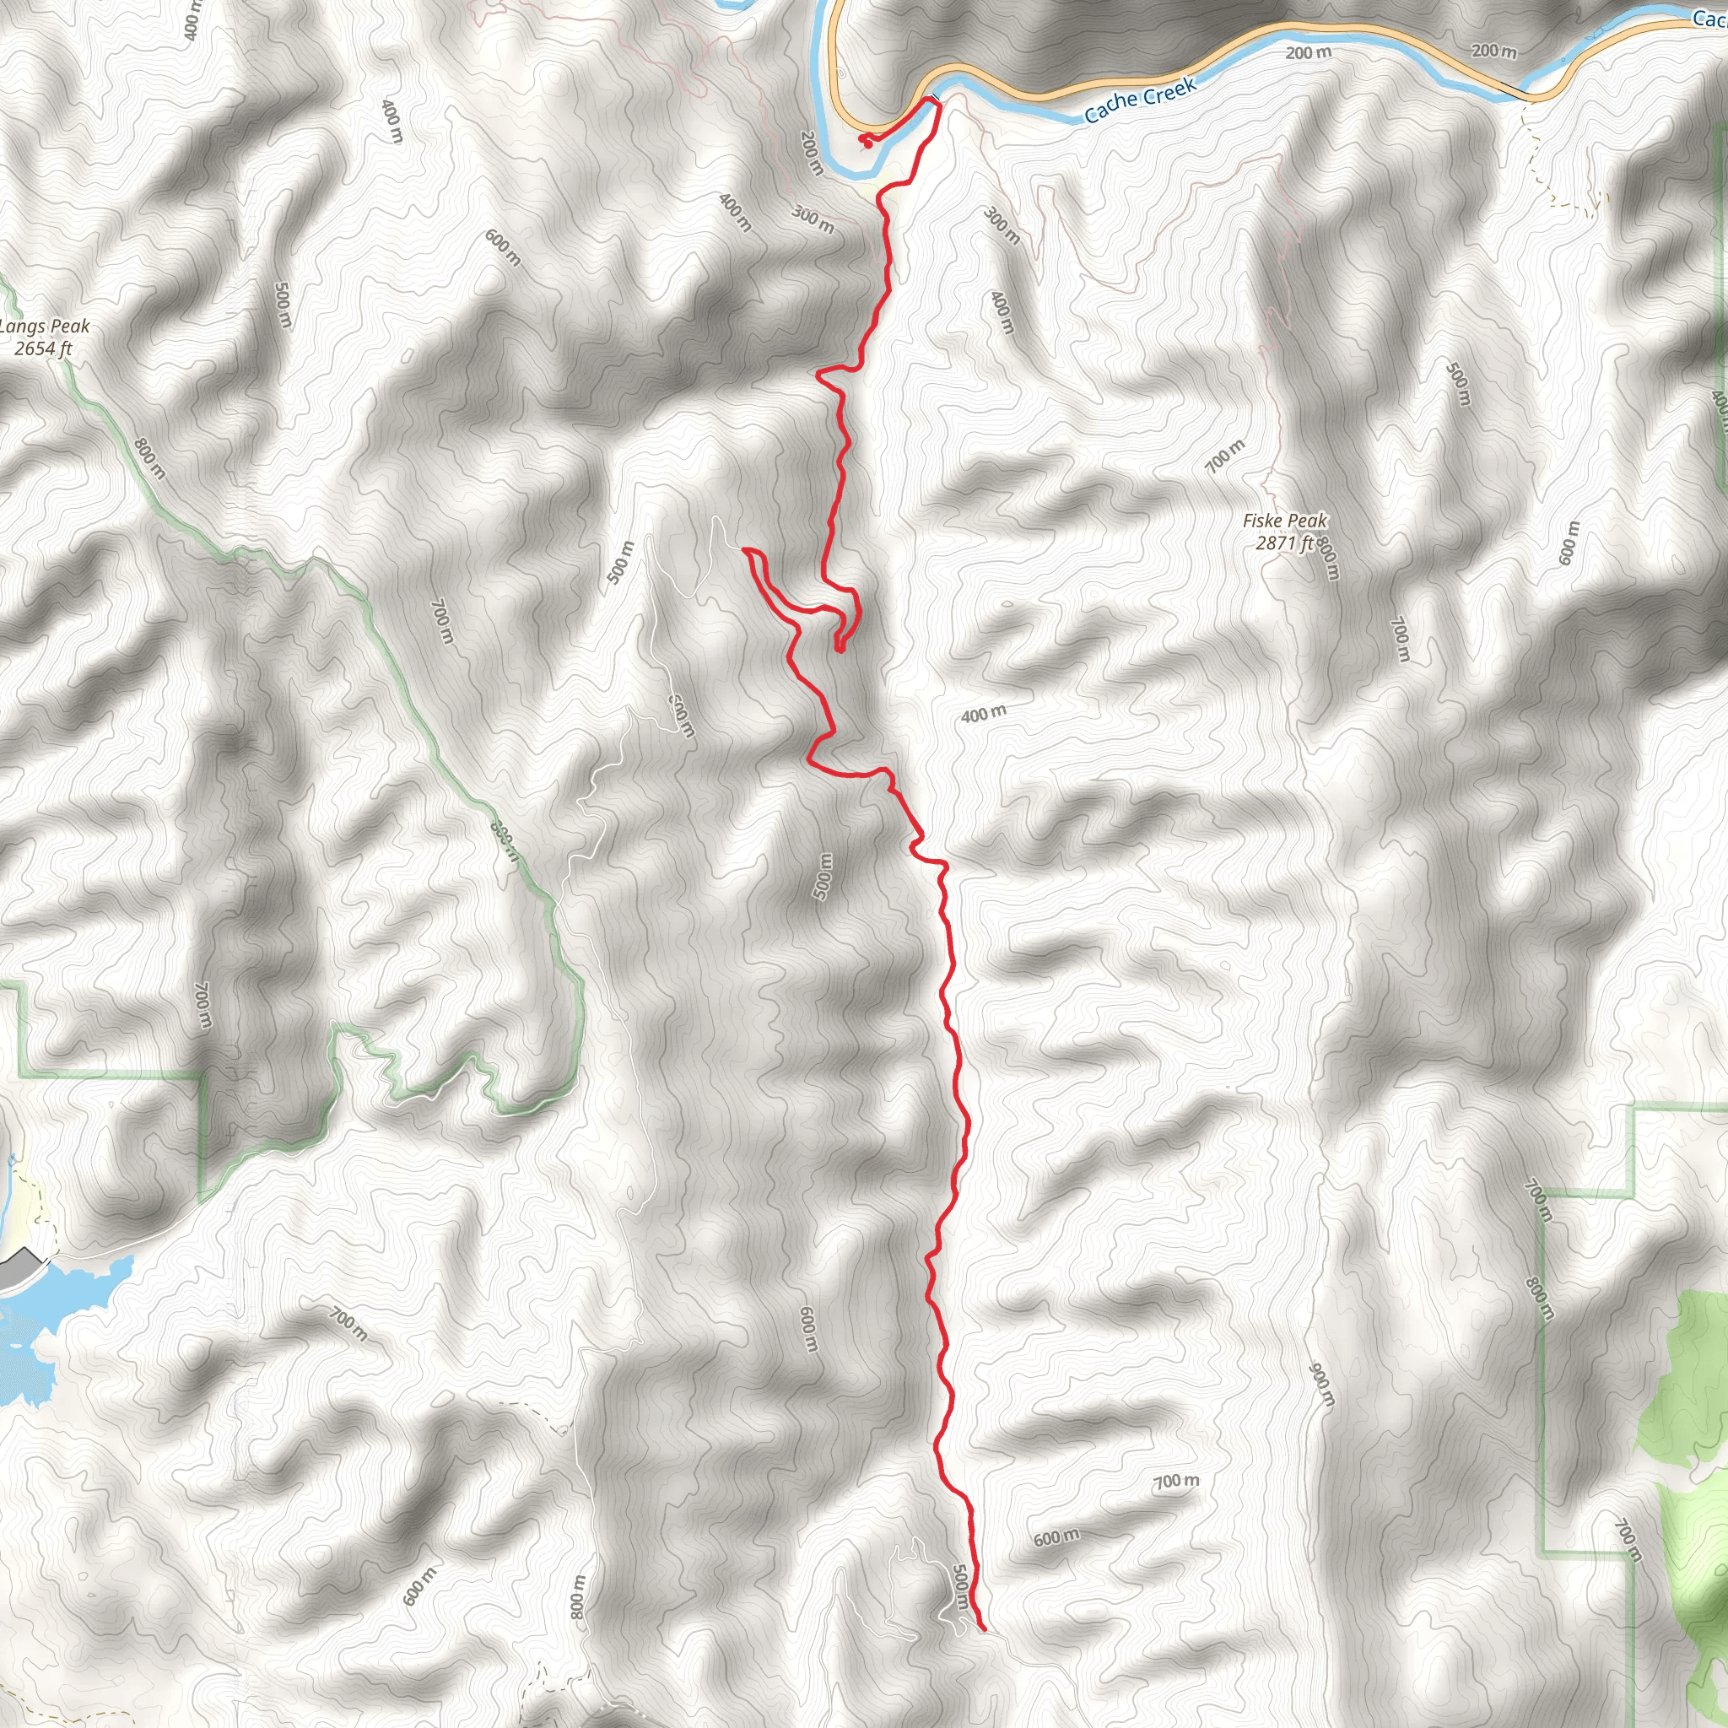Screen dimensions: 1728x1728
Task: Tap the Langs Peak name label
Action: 45,327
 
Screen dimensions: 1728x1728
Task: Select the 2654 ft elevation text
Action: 43,348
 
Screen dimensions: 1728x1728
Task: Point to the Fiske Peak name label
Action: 1284,521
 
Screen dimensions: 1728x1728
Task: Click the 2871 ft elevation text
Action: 1284,543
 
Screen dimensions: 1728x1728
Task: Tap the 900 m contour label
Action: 1321,1385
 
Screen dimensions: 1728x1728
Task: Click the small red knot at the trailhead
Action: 865,139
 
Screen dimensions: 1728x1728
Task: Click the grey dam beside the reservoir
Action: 19,1271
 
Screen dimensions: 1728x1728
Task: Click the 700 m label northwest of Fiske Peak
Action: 1224,456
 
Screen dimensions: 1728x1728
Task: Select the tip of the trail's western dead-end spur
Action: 744,550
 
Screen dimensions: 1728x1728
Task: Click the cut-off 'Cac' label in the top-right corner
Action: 1709,18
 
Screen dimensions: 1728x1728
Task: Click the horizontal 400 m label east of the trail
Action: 984,714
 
